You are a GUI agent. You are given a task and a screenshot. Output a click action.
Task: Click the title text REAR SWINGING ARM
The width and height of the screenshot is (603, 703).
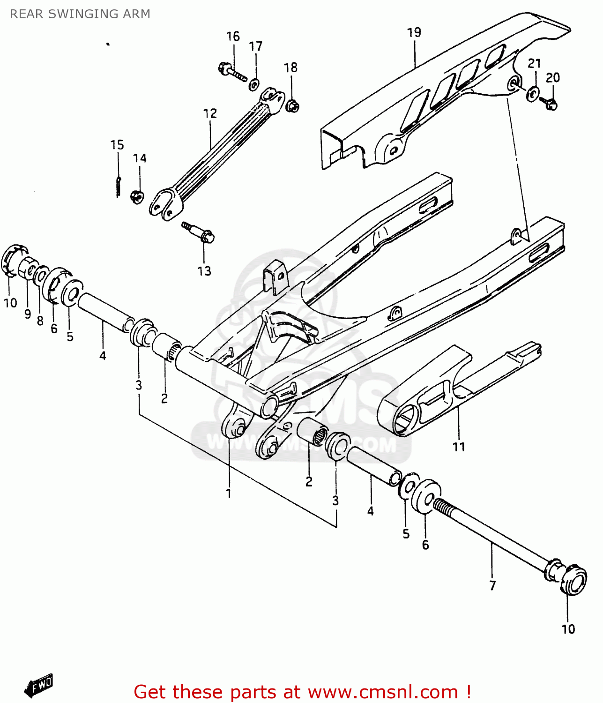[x=80, y=14]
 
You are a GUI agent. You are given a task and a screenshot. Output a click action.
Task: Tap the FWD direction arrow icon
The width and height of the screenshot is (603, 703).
[x=39, y=686]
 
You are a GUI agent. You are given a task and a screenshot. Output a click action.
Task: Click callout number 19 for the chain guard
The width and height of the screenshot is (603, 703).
[x=414, y=32]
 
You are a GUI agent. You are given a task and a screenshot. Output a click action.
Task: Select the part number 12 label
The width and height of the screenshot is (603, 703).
[x=210, y=113]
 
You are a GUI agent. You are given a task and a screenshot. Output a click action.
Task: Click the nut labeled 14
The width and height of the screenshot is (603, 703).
[x=137, y=195]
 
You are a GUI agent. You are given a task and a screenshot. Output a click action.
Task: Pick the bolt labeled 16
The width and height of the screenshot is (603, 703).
[x=232, y=73]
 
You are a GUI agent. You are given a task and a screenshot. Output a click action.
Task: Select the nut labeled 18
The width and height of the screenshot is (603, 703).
[x=292, y=106]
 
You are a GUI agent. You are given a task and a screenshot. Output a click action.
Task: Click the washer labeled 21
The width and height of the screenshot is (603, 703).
[x=532, y=94]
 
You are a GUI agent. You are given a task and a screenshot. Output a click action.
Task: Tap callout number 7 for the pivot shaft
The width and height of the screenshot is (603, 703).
[x=492, y=585]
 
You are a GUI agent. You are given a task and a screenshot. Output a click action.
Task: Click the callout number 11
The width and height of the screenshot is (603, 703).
[x=459, y=447]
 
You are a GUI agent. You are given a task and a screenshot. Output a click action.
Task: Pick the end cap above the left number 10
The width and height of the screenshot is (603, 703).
[x=13, y=260]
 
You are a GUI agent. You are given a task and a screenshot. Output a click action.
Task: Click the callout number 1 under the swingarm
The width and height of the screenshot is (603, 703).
[x=229, y=494]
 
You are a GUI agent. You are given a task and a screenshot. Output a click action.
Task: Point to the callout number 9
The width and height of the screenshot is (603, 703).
[x=28, y=314]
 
